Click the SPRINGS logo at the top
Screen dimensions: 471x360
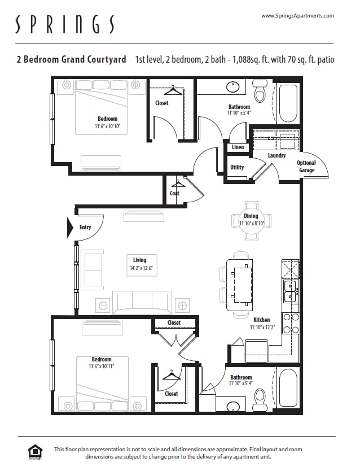[65, 24]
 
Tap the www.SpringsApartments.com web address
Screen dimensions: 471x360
[297, 16]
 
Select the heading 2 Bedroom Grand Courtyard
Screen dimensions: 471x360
[71, 59]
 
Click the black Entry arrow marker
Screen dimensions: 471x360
[71, 227]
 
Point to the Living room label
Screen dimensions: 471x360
[139, 260]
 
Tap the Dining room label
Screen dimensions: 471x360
[251, 216]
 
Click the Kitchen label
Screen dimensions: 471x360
[261, 320]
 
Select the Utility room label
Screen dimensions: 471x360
[237, 167]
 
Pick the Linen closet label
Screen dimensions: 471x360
[238, 147]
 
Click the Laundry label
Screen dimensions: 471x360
[276, 155]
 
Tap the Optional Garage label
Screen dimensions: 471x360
[306, 167]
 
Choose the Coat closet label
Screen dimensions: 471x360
[174, 193]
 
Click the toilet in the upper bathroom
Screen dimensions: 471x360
[260, 90]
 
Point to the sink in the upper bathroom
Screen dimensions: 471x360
[233, 87]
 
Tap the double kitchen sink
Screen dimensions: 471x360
[291, 291]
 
